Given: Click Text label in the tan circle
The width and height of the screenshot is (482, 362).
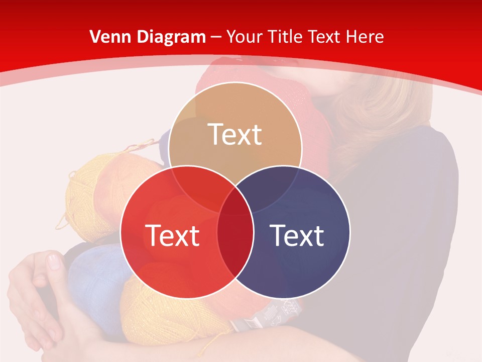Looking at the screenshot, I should pos(235,134).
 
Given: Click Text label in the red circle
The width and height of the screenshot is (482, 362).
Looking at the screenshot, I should pos(172,235).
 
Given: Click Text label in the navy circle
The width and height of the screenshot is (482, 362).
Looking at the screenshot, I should pos(297,235).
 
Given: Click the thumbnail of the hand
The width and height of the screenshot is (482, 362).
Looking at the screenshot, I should pos(53,261).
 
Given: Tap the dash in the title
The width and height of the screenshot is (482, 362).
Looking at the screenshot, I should pos(216,37).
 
